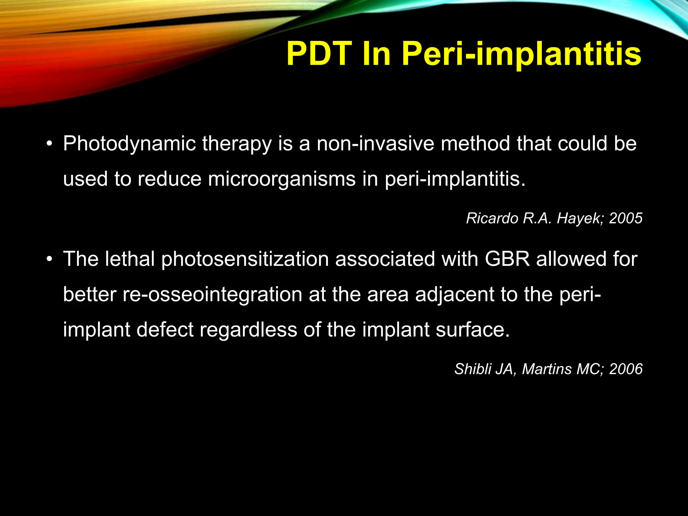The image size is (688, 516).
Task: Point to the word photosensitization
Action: point(245,260)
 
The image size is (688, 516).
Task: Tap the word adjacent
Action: point(455,295)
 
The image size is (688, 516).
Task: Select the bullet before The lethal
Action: point(50,260)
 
